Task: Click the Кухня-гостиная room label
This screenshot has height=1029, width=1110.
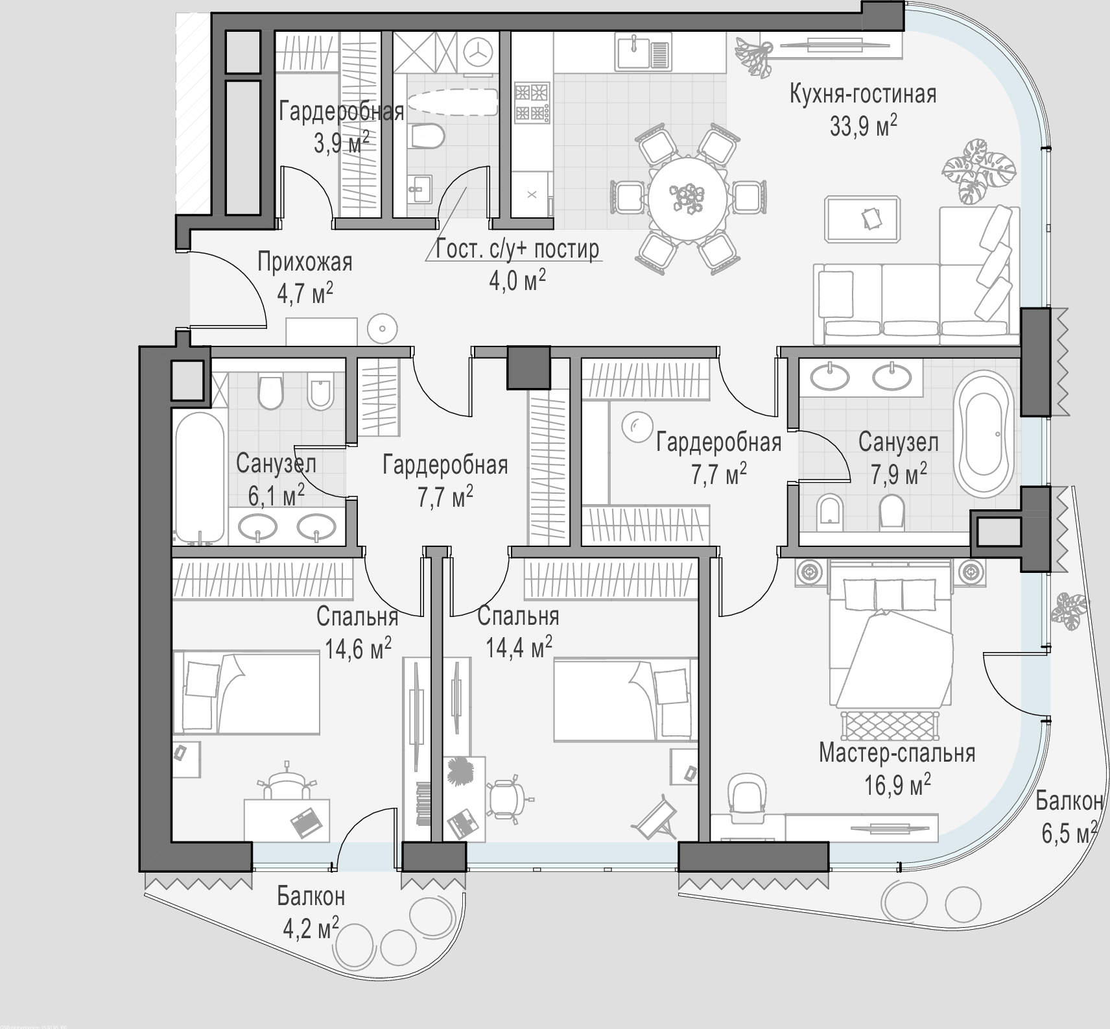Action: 863,94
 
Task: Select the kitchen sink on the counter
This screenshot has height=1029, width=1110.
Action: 642,52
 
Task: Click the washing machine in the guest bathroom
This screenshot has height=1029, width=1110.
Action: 478,53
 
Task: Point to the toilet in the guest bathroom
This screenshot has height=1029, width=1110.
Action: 427,136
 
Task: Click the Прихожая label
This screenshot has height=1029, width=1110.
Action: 305,263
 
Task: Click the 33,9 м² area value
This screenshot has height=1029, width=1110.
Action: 864,125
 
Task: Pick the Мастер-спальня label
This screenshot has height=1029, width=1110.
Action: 897,753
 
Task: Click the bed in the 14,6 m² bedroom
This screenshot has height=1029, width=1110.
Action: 246,694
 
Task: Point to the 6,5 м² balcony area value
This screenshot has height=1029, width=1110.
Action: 1069,831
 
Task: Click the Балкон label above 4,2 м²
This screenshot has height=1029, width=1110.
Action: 311,896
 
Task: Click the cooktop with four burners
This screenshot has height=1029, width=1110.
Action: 532,103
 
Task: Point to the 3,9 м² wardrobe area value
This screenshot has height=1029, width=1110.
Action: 342,143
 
